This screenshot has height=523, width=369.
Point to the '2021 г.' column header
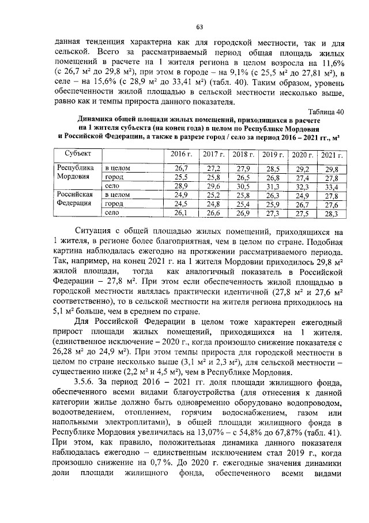(332, 154)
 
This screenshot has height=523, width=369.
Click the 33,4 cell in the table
(332, 186)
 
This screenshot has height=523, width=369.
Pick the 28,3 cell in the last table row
(332, 214)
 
